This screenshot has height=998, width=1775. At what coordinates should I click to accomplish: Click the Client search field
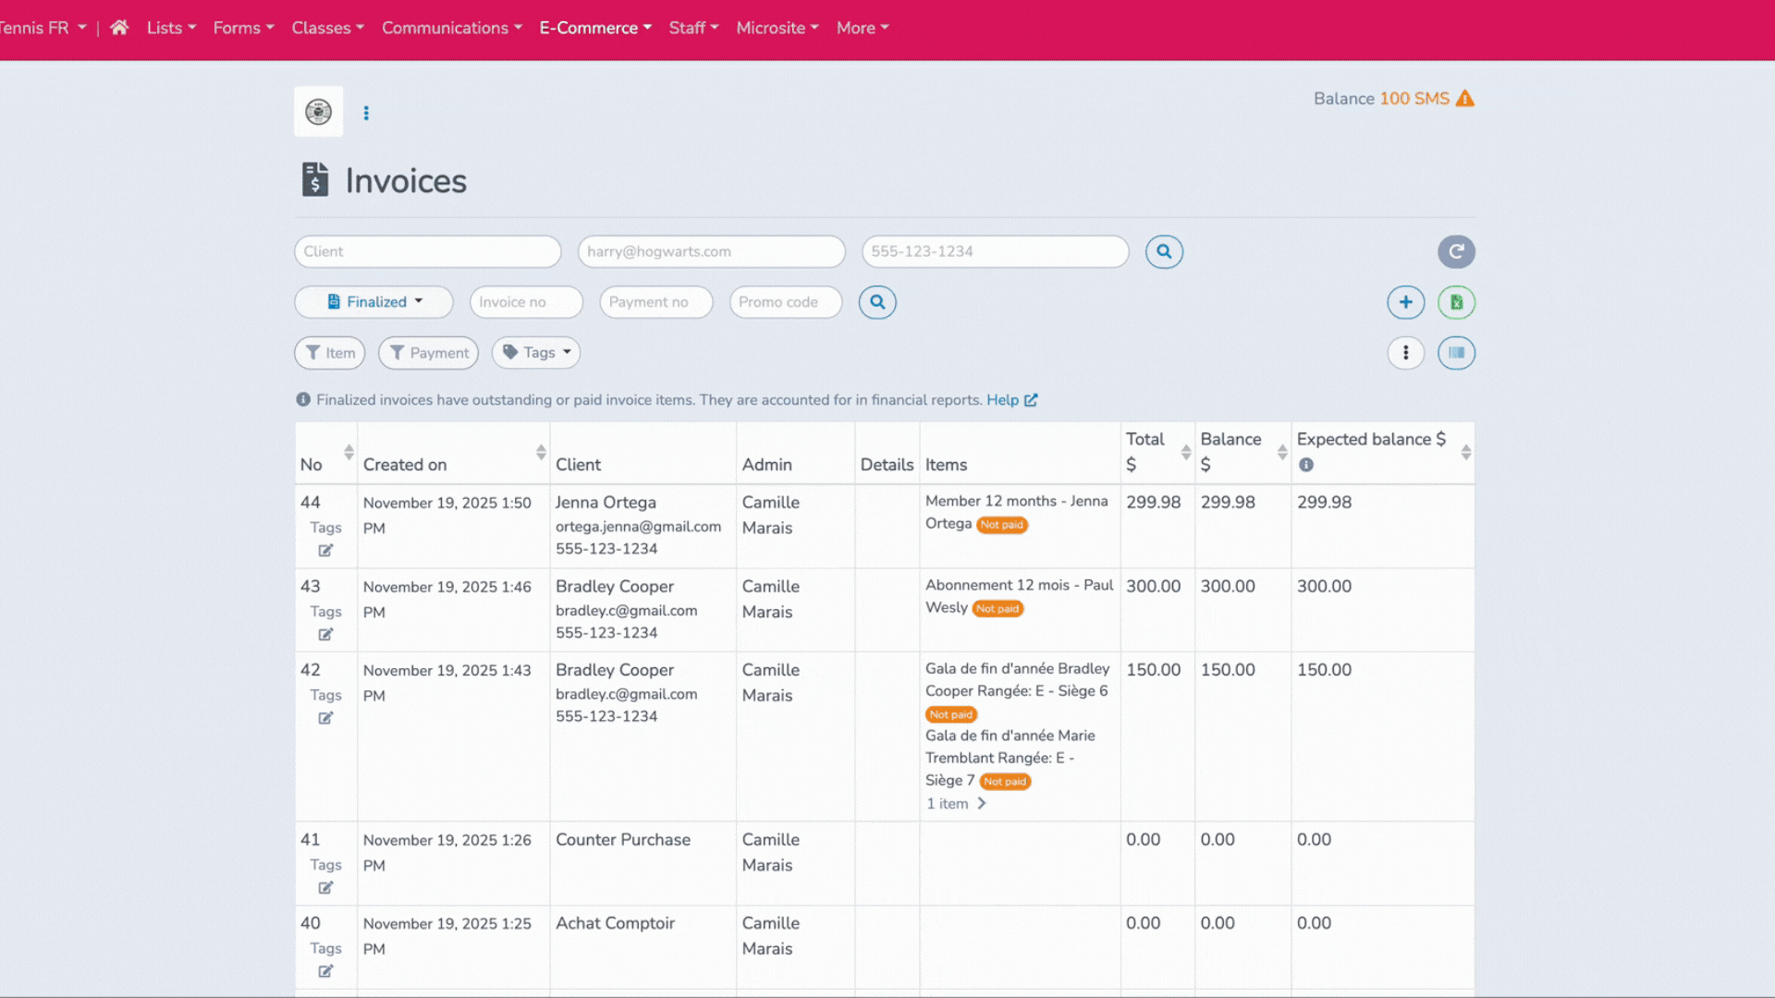pos(427,251)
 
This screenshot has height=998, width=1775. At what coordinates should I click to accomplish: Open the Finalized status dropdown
pos(374,302)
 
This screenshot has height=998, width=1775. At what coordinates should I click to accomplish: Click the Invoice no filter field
pos(526,302)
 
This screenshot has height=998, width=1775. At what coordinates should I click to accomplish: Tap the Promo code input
pos(785,302)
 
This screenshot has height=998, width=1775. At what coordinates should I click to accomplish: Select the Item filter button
pos(330,353)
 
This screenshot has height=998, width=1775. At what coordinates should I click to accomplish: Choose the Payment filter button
pos(429,353)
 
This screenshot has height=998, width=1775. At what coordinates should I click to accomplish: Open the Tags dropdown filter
pos(536,353)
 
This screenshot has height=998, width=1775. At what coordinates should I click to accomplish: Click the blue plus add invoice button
pos(1405,302)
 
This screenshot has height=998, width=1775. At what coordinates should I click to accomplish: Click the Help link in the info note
pos(1002,400)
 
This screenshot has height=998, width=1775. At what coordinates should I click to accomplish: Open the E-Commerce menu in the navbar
pos(595,28)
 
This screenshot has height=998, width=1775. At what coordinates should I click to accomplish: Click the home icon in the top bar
pos(119,28)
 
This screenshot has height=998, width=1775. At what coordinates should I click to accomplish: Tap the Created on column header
pos(405,465)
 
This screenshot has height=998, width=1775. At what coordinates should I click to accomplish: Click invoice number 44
pos(311,503)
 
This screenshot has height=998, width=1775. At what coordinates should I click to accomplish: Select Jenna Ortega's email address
pos(638,526)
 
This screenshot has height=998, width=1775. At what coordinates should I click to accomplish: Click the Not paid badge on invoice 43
pos(998,609)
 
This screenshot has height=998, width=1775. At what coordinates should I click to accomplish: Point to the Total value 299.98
pos(1153,503)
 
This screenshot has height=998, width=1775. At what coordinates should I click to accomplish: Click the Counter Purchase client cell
pos(623,840)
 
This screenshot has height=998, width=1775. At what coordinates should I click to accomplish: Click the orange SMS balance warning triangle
pos(1465,99)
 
